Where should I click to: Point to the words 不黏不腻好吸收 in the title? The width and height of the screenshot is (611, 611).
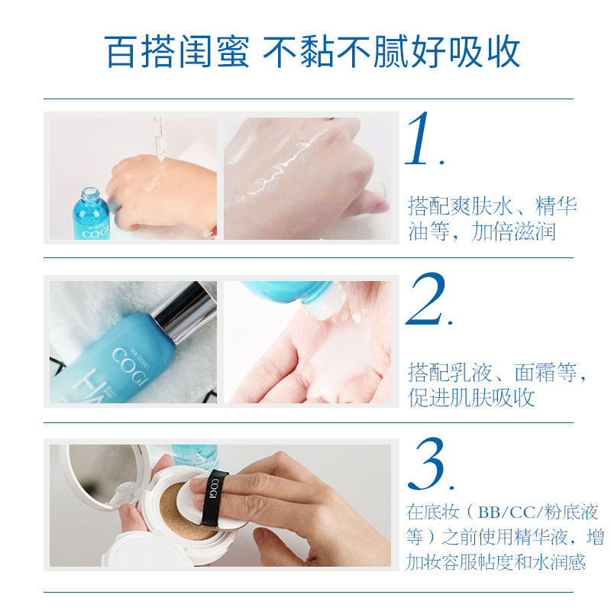tap(392, 51)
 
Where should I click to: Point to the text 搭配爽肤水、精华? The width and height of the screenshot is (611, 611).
tap(493, 206)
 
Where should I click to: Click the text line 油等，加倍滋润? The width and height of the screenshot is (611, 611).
tap(482, 231)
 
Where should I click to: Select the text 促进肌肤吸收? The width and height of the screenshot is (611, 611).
tap(471, 398)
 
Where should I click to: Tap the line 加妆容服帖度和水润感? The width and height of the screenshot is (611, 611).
tap(497, 563)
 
